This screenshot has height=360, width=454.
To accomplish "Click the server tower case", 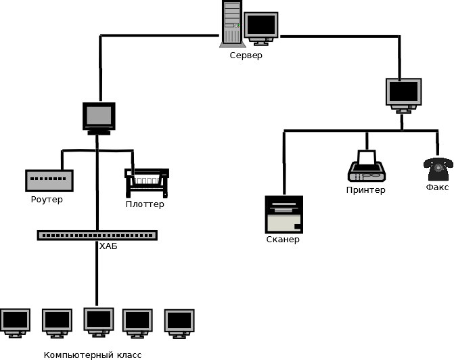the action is pyautogui.click(x=232, y=24).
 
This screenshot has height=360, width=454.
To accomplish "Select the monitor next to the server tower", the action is pyautogui.click(x=261, y=28).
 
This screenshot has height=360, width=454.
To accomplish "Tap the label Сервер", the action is pyautogui.click(x=246, y=55).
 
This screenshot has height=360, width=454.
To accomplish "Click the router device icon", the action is pyautogui.click(x=49, y=181).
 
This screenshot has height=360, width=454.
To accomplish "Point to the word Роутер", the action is pyautogui.click(x=47, y=200).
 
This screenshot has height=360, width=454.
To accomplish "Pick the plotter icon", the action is pyautogui.click(x=147, y=183).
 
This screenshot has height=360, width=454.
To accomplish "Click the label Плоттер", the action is pyautogui.click(x=145, y=204).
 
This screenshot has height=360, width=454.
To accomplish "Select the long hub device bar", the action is pyautogui.click(x=97, y=235).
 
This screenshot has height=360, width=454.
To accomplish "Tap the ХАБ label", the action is pyautogui.click(x=108, y=246).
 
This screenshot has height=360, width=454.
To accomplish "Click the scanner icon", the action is pyautogui.click(x=284, y=215).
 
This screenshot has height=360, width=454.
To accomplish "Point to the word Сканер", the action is pyautogui.click(x=283, y=240).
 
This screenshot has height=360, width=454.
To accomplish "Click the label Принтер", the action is pyautogui.click(x=365, y=190).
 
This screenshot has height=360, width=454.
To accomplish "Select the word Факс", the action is pyautogui.click(x=437, y=187).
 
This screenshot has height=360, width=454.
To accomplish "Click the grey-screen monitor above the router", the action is pyautogui.click(x=99, y=118).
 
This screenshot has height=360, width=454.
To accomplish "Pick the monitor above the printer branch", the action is pyautogui.click(x=404, y=95).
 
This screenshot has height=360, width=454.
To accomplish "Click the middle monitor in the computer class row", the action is pyautogui.click(x=99, y=322).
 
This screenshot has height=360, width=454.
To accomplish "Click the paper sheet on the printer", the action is pyautogui.click(x=367, y=157).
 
